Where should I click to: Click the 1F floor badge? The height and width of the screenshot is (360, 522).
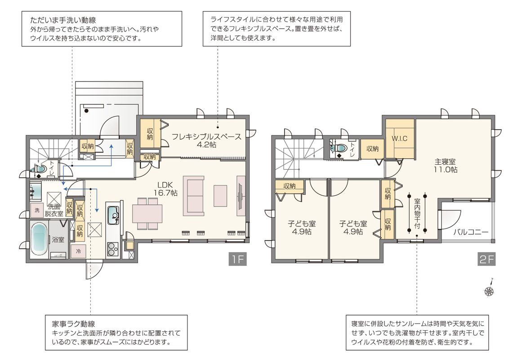click(237, 259)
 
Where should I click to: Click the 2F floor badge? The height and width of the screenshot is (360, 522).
click(486, 259)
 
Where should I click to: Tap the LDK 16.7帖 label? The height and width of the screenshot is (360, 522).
click(165, 189)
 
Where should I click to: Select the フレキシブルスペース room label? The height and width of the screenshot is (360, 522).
click(206, 137)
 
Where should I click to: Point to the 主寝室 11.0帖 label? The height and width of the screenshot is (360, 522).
click(445, 166)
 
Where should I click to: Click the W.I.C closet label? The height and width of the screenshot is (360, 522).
click(400, 138)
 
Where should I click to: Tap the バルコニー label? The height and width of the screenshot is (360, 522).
click(471, 232)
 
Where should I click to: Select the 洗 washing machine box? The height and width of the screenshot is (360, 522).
click(37, 210)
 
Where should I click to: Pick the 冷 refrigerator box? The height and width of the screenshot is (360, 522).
click(78, 252)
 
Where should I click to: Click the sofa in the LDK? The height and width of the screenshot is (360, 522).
click(196, 196)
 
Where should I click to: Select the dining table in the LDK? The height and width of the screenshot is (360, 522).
click(147, 213)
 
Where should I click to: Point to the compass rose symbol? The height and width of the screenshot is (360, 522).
click(489, 291)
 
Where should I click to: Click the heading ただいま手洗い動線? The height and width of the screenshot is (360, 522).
click(63, 21)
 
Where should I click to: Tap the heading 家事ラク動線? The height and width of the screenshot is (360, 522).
click(74, 324)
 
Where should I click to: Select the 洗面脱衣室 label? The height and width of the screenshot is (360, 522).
click(54, 210)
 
